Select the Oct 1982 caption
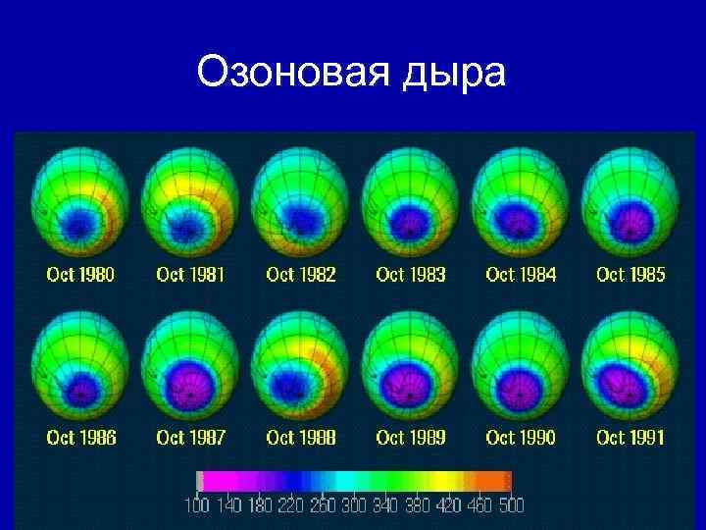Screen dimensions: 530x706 pos(300,275)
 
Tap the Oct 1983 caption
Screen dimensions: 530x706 pos(410,275)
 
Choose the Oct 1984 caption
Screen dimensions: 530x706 pos(520,275)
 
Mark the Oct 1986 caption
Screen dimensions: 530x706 pos(80,437)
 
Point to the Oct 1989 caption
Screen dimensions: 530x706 pos(410,437)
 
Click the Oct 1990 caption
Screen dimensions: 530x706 pos(520,437)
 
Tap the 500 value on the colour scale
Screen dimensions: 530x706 pos(510,505)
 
